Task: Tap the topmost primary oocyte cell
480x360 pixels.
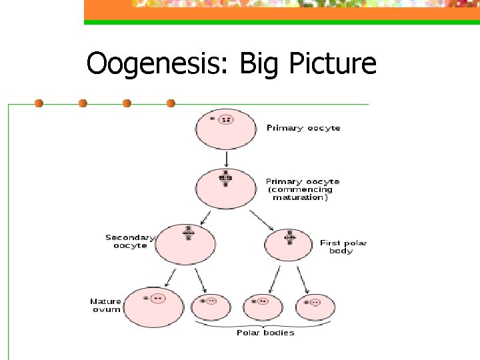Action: click(226, 129)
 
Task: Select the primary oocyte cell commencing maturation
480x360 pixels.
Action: click(226, 188)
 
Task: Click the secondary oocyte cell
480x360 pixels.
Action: click(186, 244)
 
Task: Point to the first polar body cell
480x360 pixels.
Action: click(289, 245)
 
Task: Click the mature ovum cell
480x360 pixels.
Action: click(153, 307)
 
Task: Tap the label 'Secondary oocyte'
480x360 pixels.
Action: click(129, 241)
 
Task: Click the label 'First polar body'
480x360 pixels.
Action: click(343, 247)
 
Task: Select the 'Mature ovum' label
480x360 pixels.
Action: click(105, 305)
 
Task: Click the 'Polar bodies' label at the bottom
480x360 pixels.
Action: click(265, 333)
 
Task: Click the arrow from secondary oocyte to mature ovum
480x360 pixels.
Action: click(171, 276)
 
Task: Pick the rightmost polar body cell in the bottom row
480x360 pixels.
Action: click(315, 307)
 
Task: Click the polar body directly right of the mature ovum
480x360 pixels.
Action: click(211, 307)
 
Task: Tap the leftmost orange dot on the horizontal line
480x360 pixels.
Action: click(39, 103)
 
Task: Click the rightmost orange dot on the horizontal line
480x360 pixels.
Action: click(171, 103)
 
